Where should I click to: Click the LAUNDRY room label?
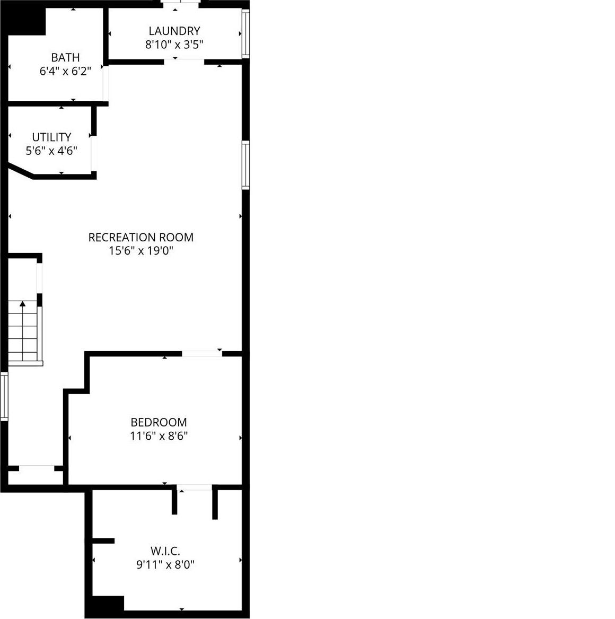[x=174, y=31]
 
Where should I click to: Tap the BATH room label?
[x=65, y=57]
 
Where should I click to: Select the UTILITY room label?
[x=51, y=137]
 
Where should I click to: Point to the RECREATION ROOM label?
[x=140, y=237]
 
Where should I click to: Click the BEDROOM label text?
[x=159, y=422]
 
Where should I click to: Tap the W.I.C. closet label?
[x=166, y=551]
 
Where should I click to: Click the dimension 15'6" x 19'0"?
[x=141, y=251]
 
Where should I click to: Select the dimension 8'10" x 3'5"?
[x=174, y=45]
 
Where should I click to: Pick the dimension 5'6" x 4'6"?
[x=51, y=151]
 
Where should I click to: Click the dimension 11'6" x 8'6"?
[x=159, y=436]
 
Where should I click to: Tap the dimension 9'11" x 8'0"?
[x=165, y=564]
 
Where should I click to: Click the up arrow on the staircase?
[x=23, y=304]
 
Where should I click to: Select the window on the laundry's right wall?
[x=245, y=34]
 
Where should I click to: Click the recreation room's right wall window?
[x=245, y=165]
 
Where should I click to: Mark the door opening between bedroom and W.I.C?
[x=195, y=487]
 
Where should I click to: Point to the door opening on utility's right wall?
[x=94, y=153]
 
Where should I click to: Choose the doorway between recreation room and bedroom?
[x=201, y=353]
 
